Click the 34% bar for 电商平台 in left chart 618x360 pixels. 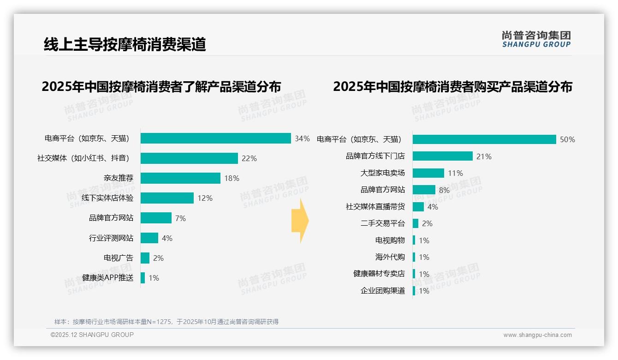[x=215, y=138]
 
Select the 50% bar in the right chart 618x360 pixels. [x=484, y=139]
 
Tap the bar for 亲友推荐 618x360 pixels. [x=180, y=178]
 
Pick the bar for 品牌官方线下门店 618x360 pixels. [x=442, y=156]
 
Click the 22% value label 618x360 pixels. [x=249, y=158]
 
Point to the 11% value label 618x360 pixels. [x=455, y=173]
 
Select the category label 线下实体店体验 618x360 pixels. [x=107, y=198]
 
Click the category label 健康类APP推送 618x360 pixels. [x=107, y=278]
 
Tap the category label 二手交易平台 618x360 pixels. [x=382, y=223]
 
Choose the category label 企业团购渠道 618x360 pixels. [x=382, y=291]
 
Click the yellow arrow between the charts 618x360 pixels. [x=300, y=221]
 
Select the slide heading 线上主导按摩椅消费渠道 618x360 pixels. [x=125, y=44]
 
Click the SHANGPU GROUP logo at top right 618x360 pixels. [x=536, y=39]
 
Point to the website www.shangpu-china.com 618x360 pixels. [x=537, y=335]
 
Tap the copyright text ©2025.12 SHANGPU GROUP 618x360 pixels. [x=92, y=335]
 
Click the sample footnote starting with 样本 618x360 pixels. [x=166, y=321]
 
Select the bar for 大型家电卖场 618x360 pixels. [x=428, y=173]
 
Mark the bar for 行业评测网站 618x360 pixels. [x=149, y=238]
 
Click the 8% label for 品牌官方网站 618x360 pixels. [x=444, y=190]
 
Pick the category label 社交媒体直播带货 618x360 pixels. [x=375, y=207]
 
